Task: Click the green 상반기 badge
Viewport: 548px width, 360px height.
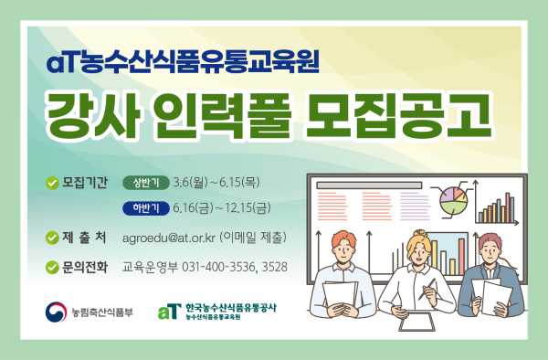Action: [144, 181]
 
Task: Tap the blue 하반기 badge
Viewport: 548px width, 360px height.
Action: [144, 208]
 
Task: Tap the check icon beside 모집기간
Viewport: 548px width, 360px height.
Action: [52, 181]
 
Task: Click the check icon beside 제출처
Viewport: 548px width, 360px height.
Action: [52, 238]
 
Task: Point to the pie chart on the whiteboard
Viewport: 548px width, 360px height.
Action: [452, 199]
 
